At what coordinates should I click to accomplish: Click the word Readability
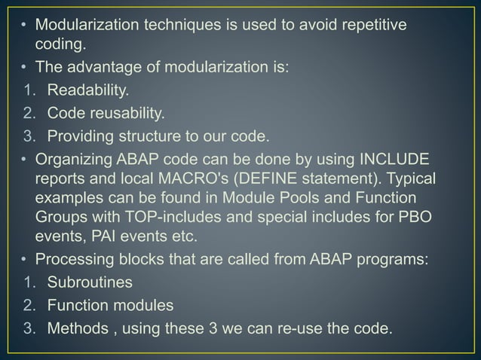(x=88, y=91)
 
